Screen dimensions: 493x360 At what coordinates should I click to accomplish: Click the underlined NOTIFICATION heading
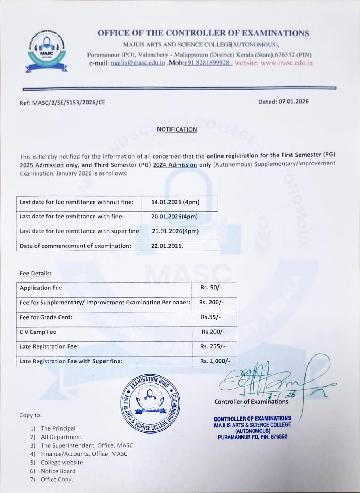pyautogui.click(x=177, y=130)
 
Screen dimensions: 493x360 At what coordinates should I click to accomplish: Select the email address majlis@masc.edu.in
pyautogui.click(x=138, y=63)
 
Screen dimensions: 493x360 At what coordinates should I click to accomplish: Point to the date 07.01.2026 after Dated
pyautogui.click(x=294, y=102)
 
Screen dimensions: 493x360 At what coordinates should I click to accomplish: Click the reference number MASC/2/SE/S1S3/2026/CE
pyautogui.click(x=69, y=102)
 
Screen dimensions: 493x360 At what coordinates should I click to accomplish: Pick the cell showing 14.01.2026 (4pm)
pyautogui.click(x=175, y=202)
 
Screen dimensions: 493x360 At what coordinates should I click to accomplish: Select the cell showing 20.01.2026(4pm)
pyautogui.click(x=175, y=217)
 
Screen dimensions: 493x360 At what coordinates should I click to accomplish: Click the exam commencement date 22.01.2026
pyautogui.click(x=167, y=246)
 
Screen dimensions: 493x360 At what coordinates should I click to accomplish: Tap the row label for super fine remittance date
pyautogui.click(x=80, y=231)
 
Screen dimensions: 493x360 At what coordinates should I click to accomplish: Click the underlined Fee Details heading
pyautogui.click(x=36, y=274)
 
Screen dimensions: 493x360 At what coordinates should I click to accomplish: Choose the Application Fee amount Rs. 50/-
pyautogui.click(x=211, y=288)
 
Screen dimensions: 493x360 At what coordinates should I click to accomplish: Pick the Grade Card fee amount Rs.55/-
pyautogui.click(x=211, y=317)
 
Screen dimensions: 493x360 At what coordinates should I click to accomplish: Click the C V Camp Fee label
pyautogui.click(x=38, y=332)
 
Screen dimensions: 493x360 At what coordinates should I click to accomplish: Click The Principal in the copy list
pyautogui.click(x=58, y=428)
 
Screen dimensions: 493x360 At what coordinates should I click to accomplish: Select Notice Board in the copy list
pyautogui.click(x=58, y=471)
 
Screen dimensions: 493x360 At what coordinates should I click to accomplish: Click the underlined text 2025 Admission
pyautogui.click(x=42, y=165)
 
